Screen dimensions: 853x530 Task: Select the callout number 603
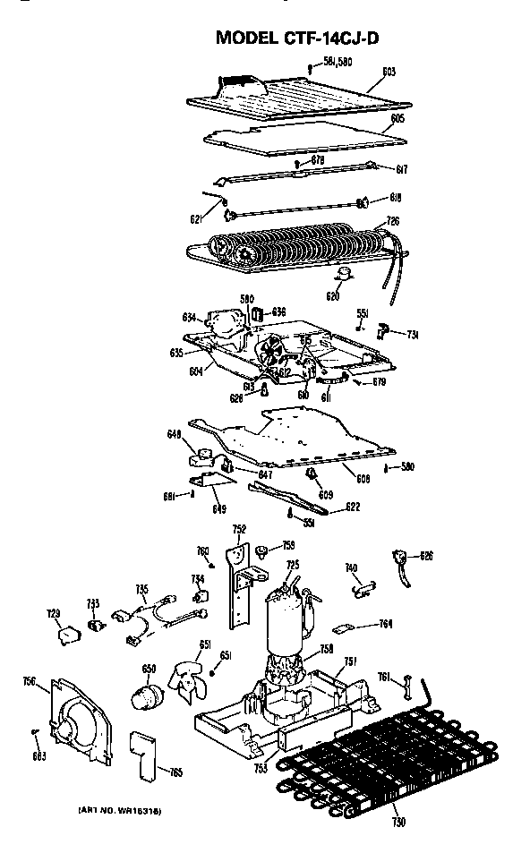(388, 71)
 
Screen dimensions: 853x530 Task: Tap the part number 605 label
(397, 118)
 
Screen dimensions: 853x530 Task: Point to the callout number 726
(392, 221)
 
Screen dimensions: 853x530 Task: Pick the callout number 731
(413, 335)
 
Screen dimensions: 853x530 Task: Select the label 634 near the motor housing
(189, 317)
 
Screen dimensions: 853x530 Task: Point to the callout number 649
(218, 509)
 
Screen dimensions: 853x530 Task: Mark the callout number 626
(426, 556)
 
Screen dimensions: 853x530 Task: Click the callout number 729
(53, 613)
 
